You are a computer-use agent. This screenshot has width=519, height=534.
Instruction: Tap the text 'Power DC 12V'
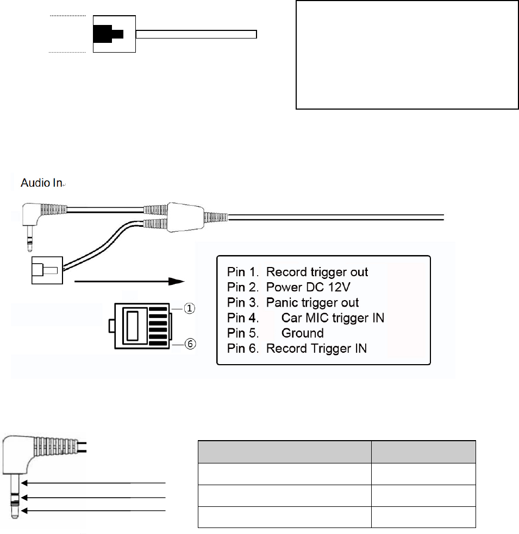pyautogui.click(x=302, y=287)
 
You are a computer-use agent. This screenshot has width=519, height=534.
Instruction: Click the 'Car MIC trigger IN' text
pyautogui.click(x=333, y=317)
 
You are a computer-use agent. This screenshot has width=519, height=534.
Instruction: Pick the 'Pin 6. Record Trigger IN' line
pyautogui.click(x=297, y=348)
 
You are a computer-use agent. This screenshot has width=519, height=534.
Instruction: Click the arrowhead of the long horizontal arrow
pyautogui.click(x=177, y=282)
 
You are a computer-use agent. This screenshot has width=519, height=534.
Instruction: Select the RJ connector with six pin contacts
pyautogui.click(x=140, y=326)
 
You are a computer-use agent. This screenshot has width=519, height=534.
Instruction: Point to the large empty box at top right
pyautogui.click(x=407, y=55)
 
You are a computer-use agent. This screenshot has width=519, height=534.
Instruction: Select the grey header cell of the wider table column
pyautogui.click(x=284, y=452)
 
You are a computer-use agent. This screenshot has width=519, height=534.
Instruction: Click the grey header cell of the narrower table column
pyautogui.click(x=423, y=452)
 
